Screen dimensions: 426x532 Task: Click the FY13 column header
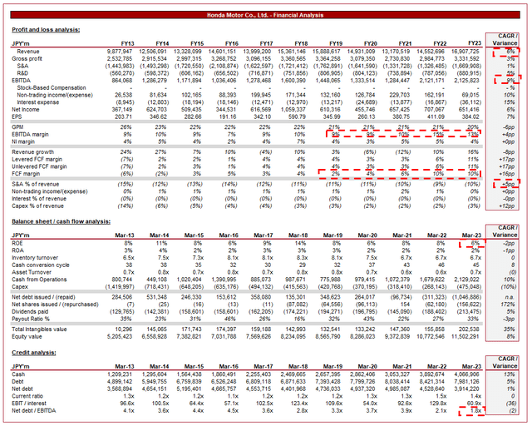[126, 42]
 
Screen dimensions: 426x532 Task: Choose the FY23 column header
[475, 42]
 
